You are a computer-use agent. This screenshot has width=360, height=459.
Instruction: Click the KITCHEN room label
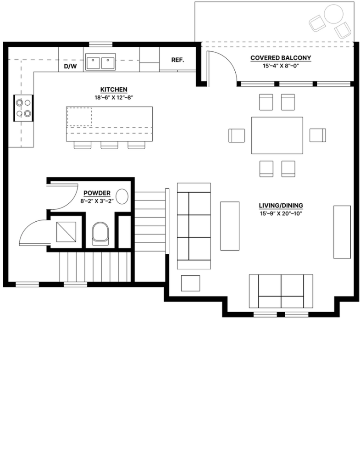click(x=113, y=90)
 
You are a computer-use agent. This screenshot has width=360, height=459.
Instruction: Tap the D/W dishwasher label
click(x=70, y=67)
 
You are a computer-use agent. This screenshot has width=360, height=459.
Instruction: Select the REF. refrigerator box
click(x=177, y=60)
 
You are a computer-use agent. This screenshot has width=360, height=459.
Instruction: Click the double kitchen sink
click(x=100, y=61)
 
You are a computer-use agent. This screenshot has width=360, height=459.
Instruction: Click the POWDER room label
click(x=97, y=193)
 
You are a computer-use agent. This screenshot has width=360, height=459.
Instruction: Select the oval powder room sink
click(x=122, y=196)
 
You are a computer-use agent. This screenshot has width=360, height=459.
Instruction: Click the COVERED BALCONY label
click(x=281, y=58)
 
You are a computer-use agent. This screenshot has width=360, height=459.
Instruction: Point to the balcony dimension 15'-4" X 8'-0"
click(x=281, y=66)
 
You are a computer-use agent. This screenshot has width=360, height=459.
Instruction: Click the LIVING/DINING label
click(x=281, y=206)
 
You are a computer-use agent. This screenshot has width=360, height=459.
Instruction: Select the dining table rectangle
click(x=277, y=135)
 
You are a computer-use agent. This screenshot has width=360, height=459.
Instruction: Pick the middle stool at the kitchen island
click(x=110, y=146)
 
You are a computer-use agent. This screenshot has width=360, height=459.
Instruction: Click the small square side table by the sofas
click(x=190, y=283)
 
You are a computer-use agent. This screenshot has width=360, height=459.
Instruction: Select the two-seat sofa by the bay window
click(x=281, y=291)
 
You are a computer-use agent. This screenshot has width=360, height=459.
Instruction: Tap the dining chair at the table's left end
click(x=237, y=135)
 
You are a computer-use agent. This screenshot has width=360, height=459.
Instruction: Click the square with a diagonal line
click(x=66, y=232)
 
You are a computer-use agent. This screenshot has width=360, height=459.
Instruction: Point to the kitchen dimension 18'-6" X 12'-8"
click(x=113, y=97)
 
